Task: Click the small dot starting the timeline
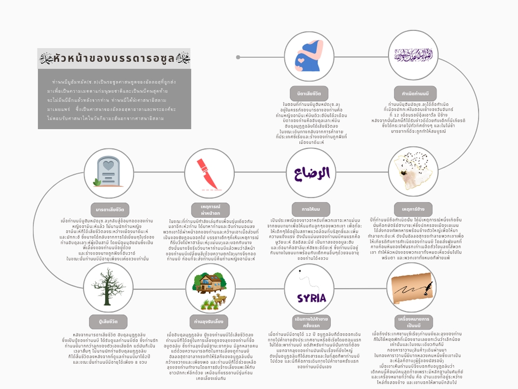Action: click(x=238, y=57)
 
